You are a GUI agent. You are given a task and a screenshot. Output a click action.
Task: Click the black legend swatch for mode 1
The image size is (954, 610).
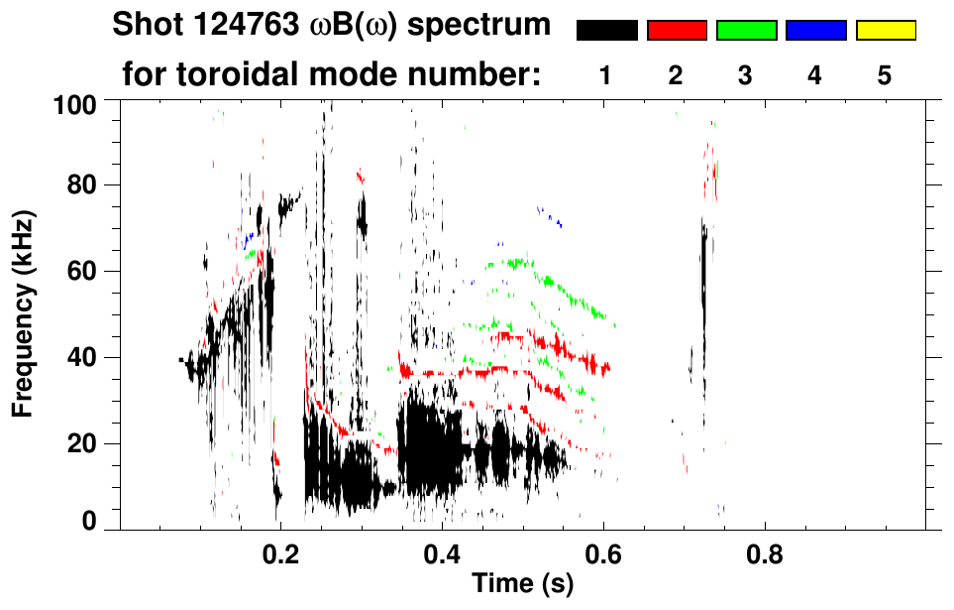tap(607, 31)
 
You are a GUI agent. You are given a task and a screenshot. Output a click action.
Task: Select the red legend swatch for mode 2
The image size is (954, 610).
tap(677, 31)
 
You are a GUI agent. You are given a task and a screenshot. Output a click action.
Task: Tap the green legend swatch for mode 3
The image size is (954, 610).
tap(746, 31)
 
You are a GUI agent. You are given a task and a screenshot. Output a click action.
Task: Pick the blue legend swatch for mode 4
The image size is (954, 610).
tap(815, 31)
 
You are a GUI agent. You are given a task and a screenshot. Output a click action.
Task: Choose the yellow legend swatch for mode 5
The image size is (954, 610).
tap(885, 31)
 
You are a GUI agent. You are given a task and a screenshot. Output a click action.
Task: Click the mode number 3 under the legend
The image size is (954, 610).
tap(746, 76)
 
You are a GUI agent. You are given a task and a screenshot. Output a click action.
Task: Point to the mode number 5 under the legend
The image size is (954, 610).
tap(885, 76)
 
